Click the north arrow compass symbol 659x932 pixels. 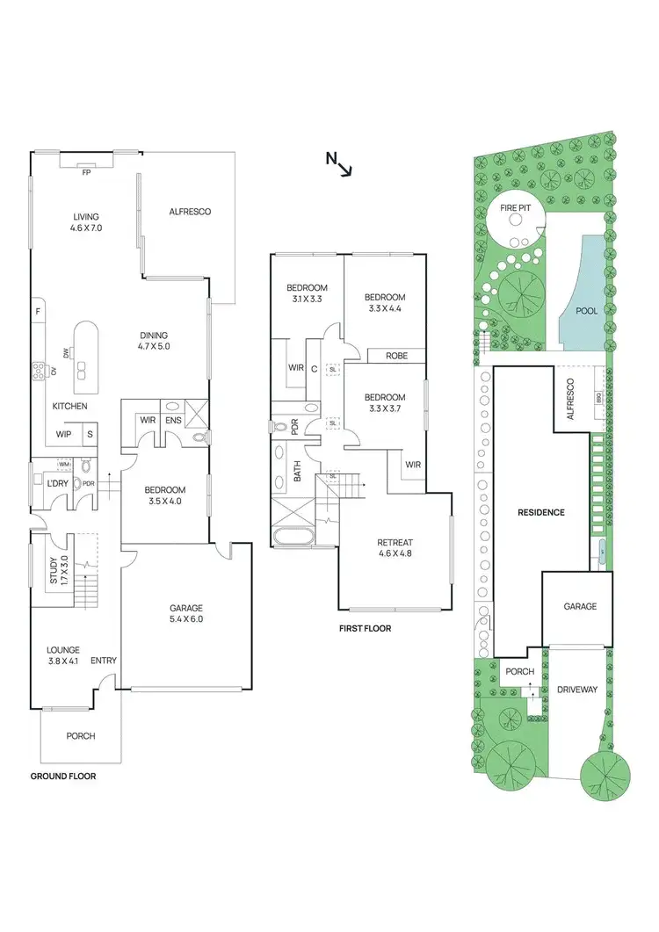[338, 163]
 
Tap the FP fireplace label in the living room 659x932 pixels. [86, 173]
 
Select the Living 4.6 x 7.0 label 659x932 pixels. [86, 222]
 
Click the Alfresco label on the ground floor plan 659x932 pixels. [189, 212]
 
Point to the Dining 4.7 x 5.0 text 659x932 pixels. [153, 341]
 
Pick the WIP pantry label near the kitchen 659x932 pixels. [63, 434]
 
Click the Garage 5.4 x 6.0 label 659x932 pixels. [185, 613]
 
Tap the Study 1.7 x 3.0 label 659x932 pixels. [58, 569]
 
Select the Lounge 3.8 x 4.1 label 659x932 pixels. [63, 655]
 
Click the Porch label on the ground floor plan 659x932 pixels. [80, 736]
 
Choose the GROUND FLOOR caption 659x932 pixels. [63, 777]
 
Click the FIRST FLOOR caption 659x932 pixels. [365, 629]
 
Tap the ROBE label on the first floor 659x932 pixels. [385, 357]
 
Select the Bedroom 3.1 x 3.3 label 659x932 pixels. [307, 293]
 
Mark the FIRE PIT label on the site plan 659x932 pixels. [514, 209]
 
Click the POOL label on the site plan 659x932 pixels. [586, 311]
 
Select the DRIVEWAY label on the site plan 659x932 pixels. [577, 690]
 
